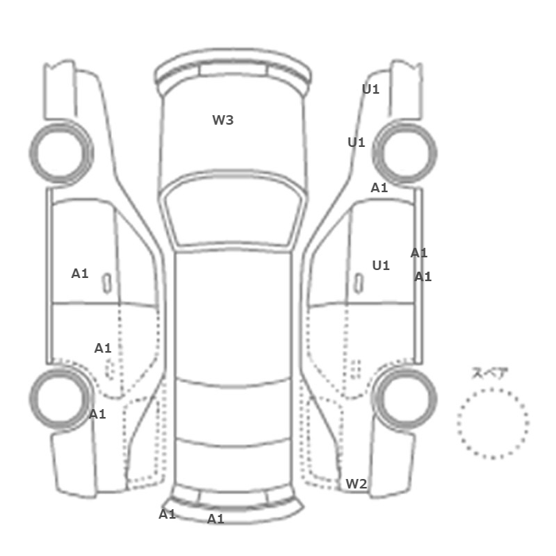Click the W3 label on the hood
click(222, 120)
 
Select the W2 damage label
click(356, 484)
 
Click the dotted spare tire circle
click(492, 389)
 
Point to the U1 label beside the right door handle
click(380, 265)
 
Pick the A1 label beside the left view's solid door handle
click(79, 273)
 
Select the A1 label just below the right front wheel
click(379, 187)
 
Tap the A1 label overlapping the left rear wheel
click(97, 414)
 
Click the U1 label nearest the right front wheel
click(357, 142)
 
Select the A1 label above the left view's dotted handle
click(102, 348)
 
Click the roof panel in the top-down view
click(233, 315)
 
